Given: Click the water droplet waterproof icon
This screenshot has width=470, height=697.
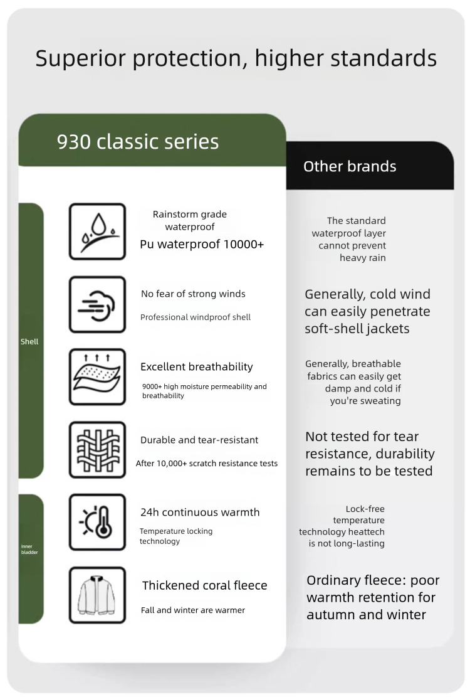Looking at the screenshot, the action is click(97, 231).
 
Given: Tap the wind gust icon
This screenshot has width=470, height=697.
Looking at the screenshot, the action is click(97, 304).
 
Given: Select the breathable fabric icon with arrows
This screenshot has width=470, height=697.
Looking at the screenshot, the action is click(97, 377).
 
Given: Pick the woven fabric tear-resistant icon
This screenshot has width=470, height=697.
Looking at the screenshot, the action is click(97, 450).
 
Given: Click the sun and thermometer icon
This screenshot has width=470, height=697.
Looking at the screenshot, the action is click(97, 523).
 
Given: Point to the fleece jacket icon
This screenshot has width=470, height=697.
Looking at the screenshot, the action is click(97, 595).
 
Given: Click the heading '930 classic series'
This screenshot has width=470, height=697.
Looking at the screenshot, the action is click(138, 142).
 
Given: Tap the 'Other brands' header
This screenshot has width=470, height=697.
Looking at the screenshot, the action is click(350, 166).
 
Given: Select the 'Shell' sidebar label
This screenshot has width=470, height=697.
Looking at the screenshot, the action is click(29, 341).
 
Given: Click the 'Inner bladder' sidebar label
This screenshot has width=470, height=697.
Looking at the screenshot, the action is click(29, 550).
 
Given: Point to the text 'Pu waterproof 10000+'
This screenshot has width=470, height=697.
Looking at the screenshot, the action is click(202, 244).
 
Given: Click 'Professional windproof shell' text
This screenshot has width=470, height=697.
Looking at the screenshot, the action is click(196, 317).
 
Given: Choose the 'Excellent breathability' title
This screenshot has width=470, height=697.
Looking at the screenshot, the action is click(197, 367).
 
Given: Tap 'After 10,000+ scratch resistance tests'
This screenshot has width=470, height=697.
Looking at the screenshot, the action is click(207, 463).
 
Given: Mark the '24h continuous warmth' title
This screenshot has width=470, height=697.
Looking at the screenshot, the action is click(200, 512).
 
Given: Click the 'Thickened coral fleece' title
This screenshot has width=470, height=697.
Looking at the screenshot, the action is click(204, 585).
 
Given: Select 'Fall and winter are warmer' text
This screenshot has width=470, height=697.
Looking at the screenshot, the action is click(193, 610).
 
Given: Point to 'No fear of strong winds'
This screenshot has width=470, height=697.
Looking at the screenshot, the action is click(193, 294).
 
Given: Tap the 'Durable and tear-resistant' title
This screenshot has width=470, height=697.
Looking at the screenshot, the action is click(199, 440).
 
